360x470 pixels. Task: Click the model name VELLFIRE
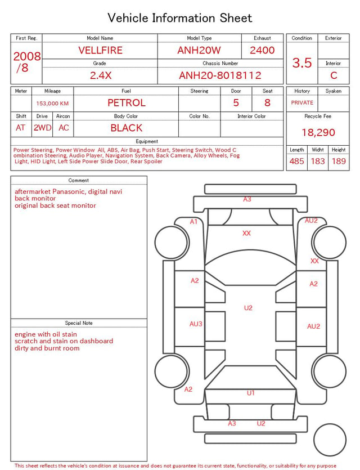[x=100, y=50]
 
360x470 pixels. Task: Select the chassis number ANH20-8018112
[x=220, y=75]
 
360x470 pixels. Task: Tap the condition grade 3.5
[x=302, y=63]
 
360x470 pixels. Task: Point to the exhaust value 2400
[x=262, y=50]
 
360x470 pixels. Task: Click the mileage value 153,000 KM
[x=52, y=104]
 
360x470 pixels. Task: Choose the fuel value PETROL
[x=127, y=103]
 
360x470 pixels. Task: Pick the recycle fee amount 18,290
[x=318, y=132]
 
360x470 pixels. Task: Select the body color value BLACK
[x=127, y=128]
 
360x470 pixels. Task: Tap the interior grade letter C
[x=334, y=75]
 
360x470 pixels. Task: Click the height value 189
[x=339, y=161]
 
